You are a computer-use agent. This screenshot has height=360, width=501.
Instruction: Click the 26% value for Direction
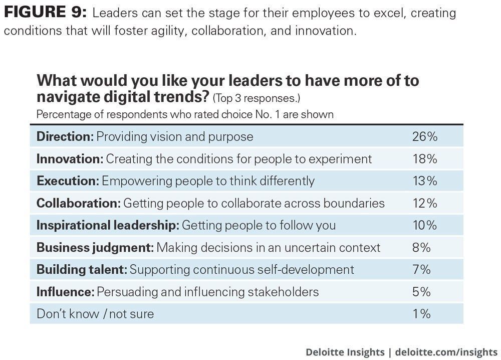tap(424, 136)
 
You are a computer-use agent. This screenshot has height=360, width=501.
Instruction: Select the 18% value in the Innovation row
tap(424, 159)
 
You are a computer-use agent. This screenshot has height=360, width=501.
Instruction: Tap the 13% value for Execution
tap(424, 181)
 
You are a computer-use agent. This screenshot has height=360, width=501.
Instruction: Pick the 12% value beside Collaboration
tap(424, 203)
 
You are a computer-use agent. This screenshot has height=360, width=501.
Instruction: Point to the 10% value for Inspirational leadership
tap(424, 225)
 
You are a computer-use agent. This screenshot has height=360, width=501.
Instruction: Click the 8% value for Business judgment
tap(421, 247)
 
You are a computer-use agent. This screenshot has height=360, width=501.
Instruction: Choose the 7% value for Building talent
tap(421, 269)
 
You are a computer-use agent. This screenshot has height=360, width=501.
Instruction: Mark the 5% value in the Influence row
tap(421, 291)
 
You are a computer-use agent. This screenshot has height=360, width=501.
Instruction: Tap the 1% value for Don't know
tap(421, 314)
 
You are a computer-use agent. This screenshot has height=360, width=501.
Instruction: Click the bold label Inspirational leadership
tap(108, 225)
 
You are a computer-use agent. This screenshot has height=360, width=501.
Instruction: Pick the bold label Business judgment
tap(95, 247)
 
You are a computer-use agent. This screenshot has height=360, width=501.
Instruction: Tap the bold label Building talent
tap(82, 269)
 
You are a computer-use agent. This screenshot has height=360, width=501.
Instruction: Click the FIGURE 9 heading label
tap(45, 12)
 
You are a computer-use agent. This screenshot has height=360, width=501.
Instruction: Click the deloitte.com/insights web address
tap(446, 351)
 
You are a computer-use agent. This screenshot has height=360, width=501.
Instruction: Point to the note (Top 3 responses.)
tap(257, 97)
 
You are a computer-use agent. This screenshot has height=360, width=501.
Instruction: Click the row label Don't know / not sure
tap(95, 314)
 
